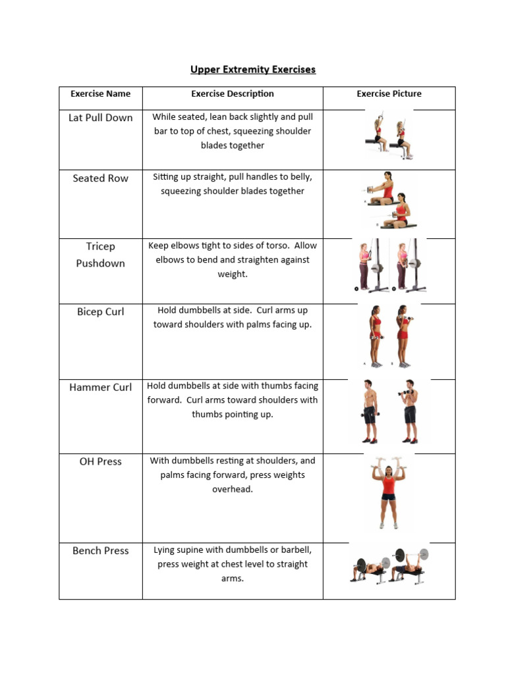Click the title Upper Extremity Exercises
point(253,69)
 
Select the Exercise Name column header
point(100,93)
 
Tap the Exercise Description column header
point(233,93)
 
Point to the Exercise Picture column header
point(389,93)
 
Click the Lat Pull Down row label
point(100,118)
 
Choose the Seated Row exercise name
point(100,178)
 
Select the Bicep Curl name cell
point(100,311)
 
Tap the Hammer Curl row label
point(100,387)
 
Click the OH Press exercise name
point(100,461)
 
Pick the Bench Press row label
point(100,550)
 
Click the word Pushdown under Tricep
point(100,263)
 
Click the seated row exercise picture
point(389,201)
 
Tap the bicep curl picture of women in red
point(389,336)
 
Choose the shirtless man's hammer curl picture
point(389,411)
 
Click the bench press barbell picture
point(389,565)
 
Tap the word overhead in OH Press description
point(233,489)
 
